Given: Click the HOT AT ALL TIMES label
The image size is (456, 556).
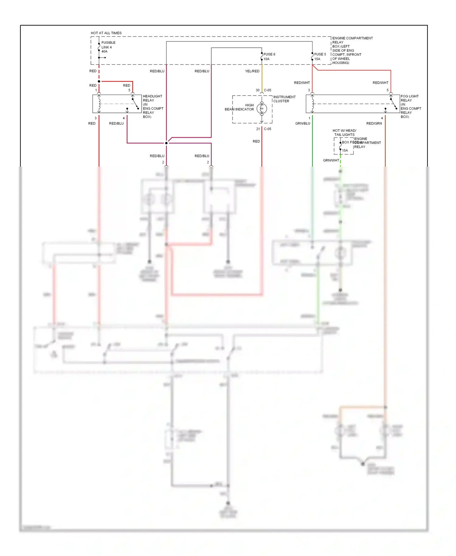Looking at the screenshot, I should pyautogui.click(x=106, y=33).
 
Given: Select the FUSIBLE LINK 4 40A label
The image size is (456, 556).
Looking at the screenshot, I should pyautogui.click(x=108, y=47).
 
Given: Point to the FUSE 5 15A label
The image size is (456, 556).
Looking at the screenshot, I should pyautogui.click(x=320, y=57).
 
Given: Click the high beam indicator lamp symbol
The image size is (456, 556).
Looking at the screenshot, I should pyautogui.click(x=262, y=109).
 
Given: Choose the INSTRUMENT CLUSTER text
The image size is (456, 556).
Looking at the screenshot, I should pyautogui.click(x=284, y=99).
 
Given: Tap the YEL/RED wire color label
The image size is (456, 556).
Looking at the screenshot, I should pyautogui.click(x=252, y=71).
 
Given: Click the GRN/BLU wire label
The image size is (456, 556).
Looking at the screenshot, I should pyautogui.click(x=302, y=123).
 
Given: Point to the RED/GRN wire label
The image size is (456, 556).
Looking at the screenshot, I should pyautogui.click(x=374, y=123).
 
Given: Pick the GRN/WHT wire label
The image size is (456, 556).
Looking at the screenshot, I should pyautogui.click(x=331, y=160).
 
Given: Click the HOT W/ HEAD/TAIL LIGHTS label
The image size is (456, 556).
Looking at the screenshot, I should pyautogui.click(x=344, y=133).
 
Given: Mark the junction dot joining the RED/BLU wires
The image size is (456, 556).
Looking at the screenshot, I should pyautogui.click(x=166, y=143).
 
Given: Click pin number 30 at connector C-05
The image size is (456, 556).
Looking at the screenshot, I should pyautogui.click(x=257, y=90).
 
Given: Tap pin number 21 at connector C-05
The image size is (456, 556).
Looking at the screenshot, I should pyautogui.click(x=258, y=129).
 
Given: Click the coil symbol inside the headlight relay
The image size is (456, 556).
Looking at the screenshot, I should pyautogui.click(x=99, y=104).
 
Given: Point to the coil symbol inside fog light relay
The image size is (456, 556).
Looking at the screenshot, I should pyautogui.click(x=313, y=104).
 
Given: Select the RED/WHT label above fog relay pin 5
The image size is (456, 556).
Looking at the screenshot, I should pyautogui.click(x=380, y=83).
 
